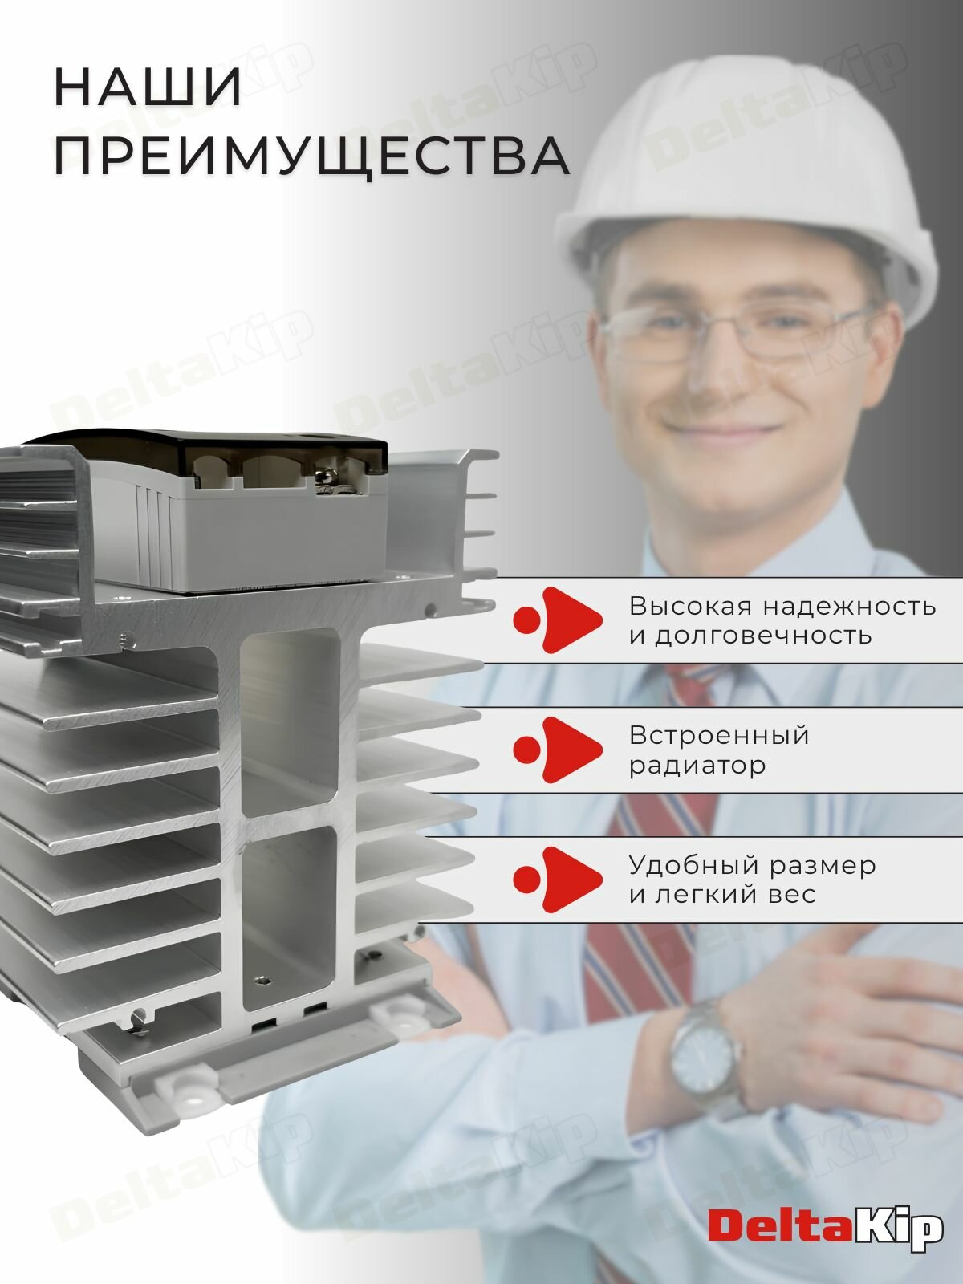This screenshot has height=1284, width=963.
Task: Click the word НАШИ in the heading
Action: point(148,88)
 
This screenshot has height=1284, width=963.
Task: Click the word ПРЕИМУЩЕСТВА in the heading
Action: point(311,156)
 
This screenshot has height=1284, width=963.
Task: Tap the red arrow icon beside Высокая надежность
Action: point(559,619)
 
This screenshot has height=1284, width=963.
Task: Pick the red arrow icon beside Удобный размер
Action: point(559,880)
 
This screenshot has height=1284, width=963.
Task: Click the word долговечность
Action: point(762,636)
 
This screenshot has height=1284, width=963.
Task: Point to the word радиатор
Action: point(697,766)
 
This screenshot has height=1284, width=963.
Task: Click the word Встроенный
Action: point(719,735)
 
